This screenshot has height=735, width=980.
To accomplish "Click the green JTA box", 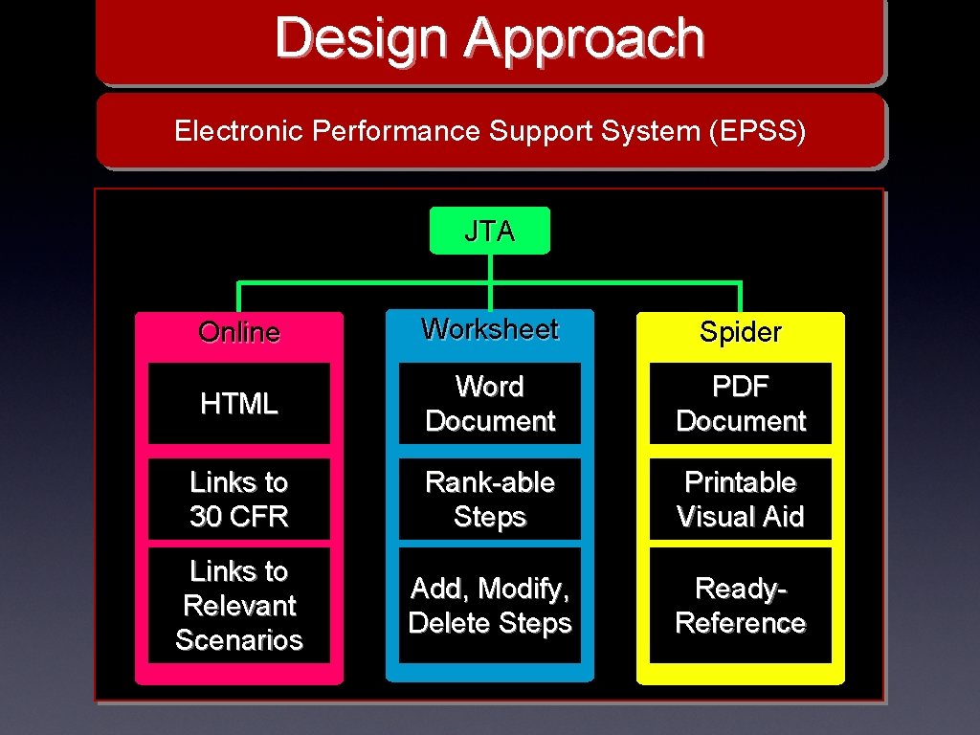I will click(489, 231).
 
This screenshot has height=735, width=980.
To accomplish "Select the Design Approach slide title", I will click(489, 39).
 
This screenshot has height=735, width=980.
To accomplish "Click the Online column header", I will click(238, 332).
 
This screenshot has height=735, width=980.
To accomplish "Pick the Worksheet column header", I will click(489, 329).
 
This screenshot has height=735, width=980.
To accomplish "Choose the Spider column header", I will click(740, 332).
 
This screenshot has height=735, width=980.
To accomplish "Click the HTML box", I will click(238, 404).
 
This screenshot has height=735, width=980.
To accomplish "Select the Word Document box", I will click(489, 404).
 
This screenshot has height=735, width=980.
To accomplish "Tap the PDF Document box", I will click(740, 404).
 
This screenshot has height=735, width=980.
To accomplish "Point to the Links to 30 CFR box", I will click(238, 499).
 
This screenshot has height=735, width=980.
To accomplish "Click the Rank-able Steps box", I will click(489, 499).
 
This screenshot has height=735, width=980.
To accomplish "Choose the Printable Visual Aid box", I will click(740, 499).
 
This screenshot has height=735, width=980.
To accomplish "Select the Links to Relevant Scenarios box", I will click(238, 605).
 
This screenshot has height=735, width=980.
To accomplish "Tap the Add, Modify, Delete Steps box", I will click(489, 605).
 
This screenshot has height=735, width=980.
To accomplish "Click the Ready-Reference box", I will click(740, 605).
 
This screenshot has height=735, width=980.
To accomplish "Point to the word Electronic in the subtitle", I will click(238, 131).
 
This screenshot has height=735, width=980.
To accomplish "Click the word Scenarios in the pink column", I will click(238, 639).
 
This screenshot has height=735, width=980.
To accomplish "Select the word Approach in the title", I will click(585, 40).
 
